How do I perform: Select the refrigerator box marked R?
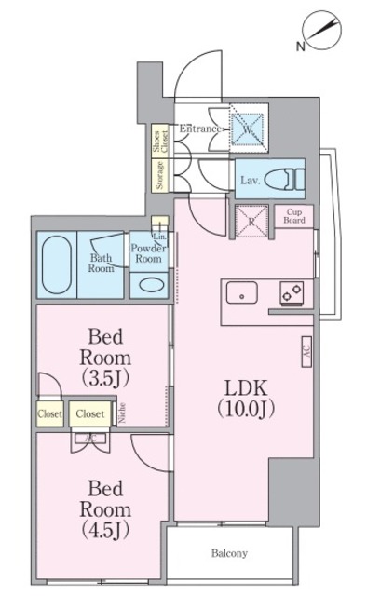[251, 223]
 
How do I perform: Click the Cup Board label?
[295, 216]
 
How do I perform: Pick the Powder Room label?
[147, 254]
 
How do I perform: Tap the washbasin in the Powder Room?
[149, 285]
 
